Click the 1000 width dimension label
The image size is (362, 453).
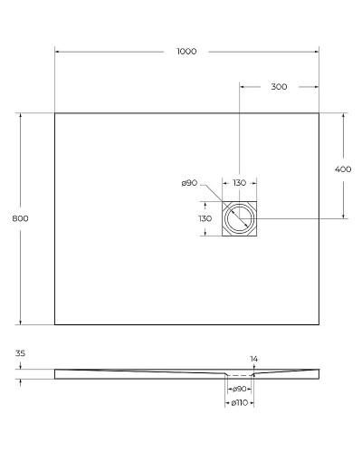pyautogui.click(x=187, y=52)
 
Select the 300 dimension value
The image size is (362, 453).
pyautogui.click(x=279, y=87)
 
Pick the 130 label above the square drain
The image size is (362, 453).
pyautogui.click(x=240, y=183)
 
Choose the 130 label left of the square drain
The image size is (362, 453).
pyautogui.click(x=205, y=218)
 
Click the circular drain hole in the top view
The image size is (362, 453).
pyautogui.click(x=240, y=218)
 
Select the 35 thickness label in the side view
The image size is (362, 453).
pyautogui.click(x=21, y=355)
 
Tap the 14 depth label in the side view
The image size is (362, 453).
pyautogui.click(x=253, y=359)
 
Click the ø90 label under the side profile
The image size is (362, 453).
pyautogui.click(x=240, y=388)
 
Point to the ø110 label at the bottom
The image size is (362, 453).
pyautogui.click(x=240, y=401)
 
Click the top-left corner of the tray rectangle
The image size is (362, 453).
pyautogui.click(x=55, y=113)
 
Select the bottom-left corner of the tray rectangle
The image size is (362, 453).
pyautogui.click(x=55, y=323)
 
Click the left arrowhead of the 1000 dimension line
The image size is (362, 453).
pyautogui.click(x=57, y=52)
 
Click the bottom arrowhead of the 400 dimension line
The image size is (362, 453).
pyautogui.click(x=343, y=217)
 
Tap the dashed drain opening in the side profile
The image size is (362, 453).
pyautogui.click(x=240, y=374)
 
